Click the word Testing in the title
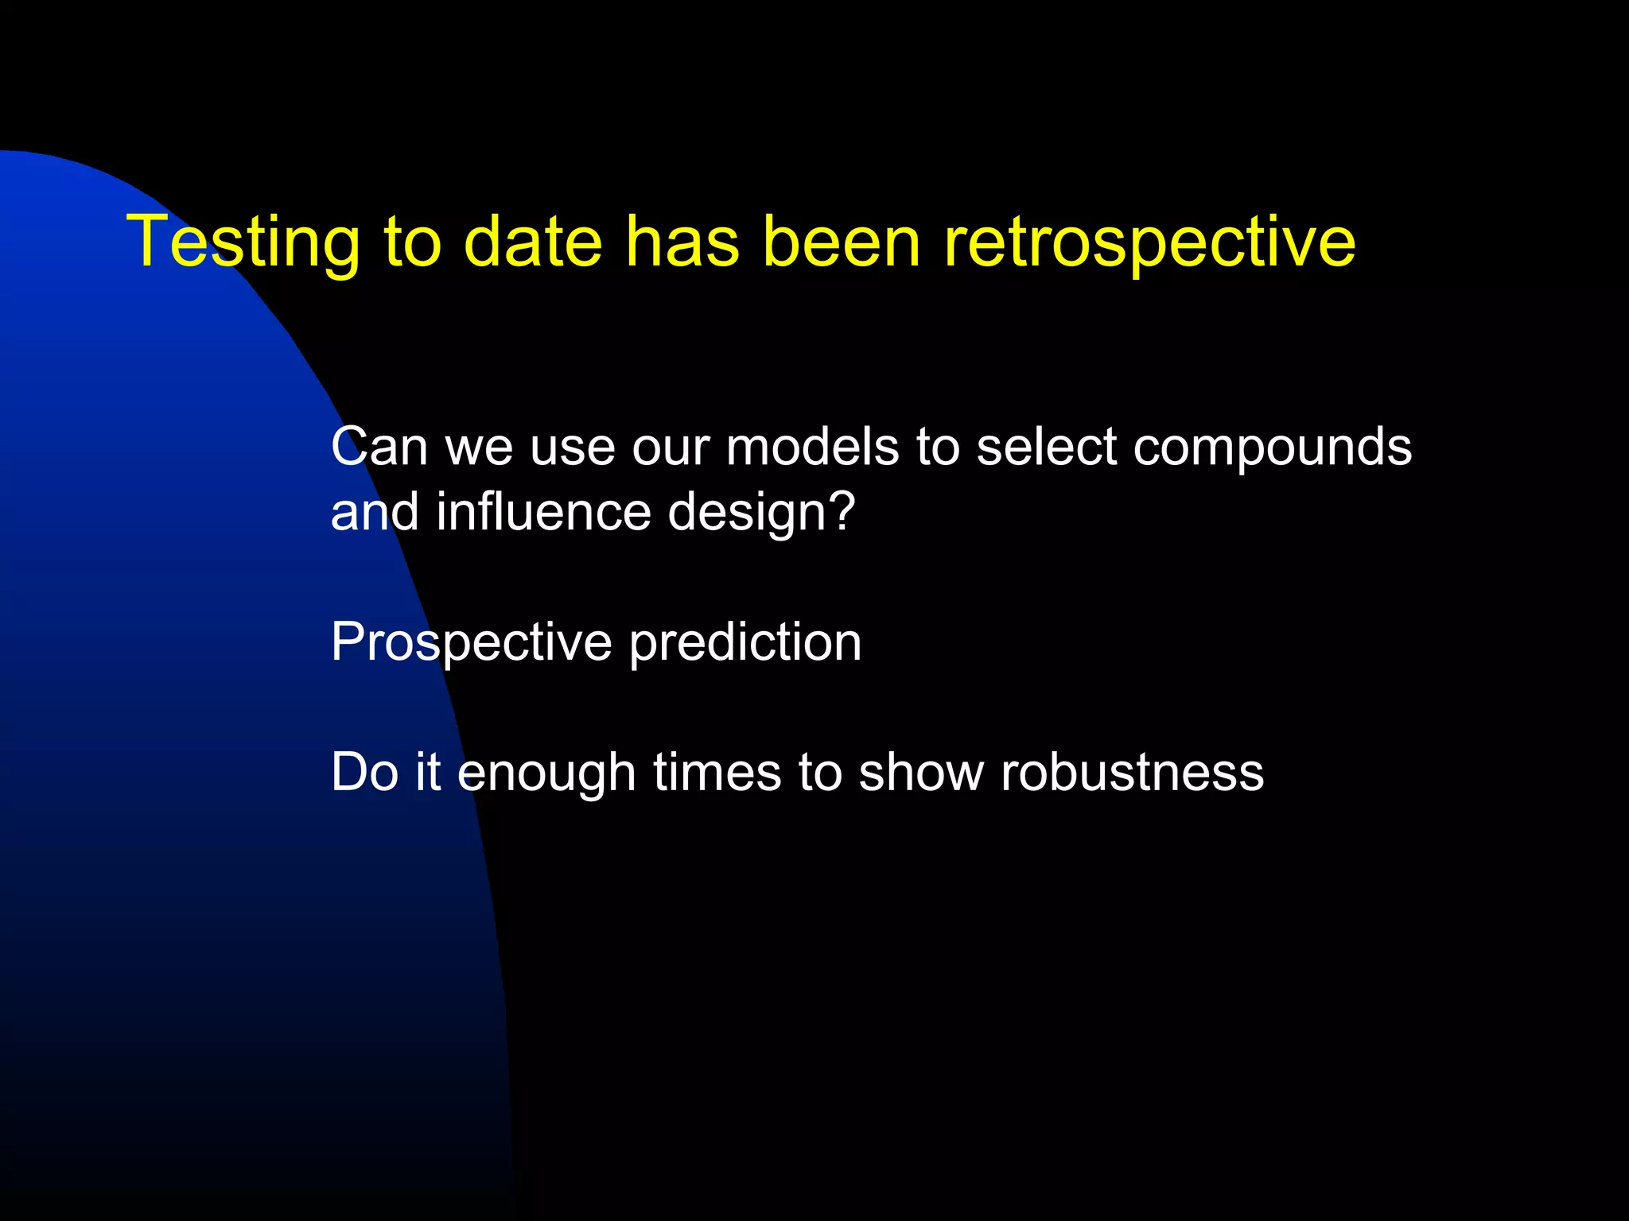click(x=243, y=242)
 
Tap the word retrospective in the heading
click(x=1149, y=242)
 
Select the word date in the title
click(x=532, y=242)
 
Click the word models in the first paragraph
click(x=812, y=447)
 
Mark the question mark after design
click(x=840, y=512)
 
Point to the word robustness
click(x=1132, y=773)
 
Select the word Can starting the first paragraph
click(x=379, y=447)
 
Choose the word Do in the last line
click(x=364, y=773)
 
